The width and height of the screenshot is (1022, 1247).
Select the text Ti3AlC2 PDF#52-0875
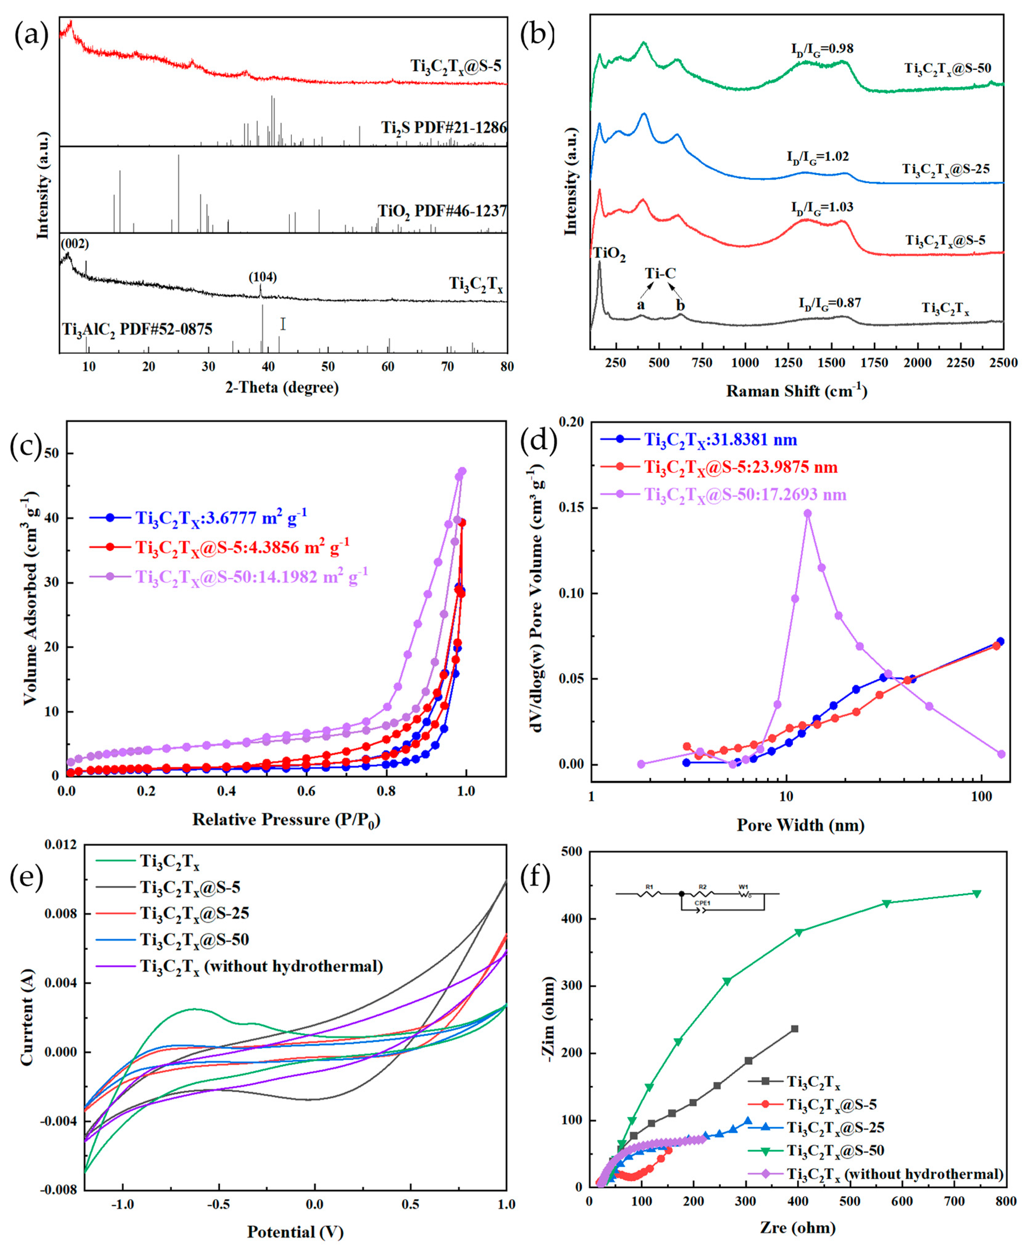(x=137, y=328)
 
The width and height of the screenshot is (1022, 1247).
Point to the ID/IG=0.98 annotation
(x=822, y=49)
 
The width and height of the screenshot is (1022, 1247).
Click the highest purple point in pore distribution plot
(x=808, y=513)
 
